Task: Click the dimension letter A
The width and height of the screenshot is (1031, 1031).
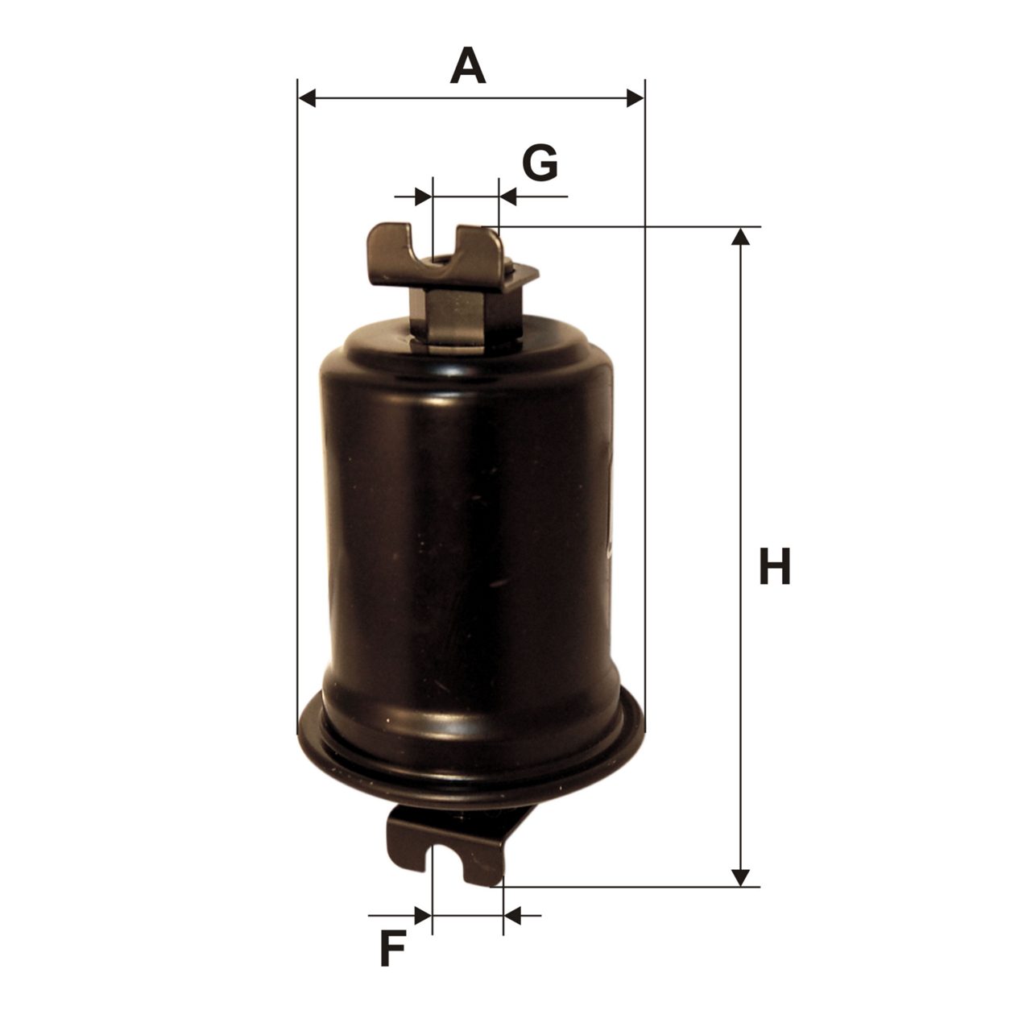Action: pos(468,66)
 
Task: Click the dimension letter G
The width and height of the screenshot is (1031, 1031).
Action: pos(540,163)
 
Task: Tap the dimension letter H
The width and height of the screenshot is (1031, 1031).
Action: pos(774,566)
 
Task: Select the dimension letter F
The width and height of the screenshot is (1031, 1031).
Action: pos(392,948)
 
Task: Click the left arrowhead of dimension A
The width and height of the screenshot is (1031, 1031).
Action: pos(307,98)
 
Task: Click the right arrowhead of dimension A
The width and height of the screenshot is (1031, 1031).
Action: pos(635,98)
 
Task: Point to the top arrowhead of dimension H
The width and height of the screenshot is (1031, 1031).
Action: pos(740,237)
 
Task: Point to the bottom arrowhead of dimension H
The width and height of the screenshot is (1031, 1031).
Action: pos(740,877)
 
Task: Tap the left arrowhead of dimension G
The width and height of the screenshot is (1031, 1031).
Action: pos(423,197)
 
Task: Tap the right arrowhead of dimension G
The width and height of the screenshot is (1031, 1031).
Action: pos(508,197)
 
